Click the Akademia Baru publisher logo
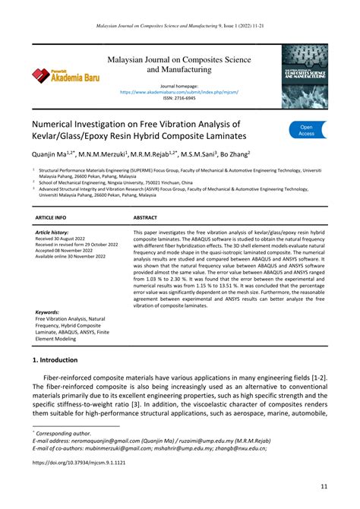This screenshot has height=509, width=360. (x=59, y=74)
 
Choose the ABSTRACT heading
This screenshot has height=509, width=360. (x=145, y=217)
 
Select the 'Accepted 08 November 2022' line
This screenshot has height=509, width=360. (x=68, y=250)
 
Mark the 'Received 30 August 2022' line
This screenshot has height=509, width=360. (x=65, y=238)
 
